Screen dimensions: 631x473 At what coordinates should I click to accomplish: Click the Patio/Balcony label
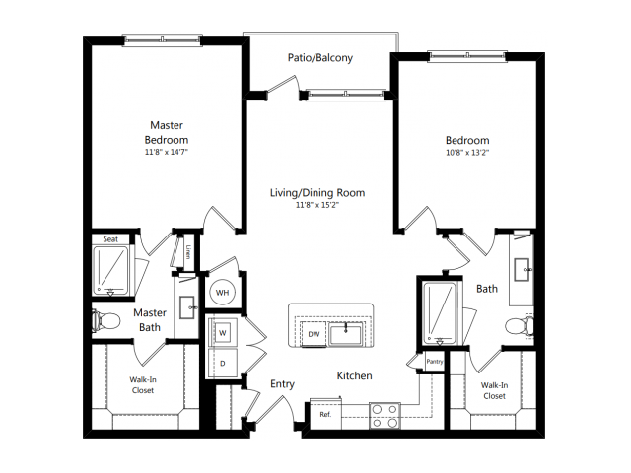click(319, 58)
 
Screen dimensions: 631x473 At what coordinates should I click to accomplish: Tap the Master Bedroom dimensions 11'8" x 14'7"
click(167, 152)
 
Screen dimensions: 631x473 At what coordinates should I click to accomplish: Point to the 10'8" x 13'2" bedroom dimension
click(467, 153)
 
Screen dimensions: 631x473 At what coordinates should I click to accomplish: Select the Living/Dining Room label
click(317, 193)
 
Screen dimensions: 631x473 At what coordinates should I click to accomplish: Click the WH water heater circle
click(223, 293)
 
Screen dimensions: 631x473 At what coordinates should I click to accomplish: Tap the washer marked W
click(223, 333)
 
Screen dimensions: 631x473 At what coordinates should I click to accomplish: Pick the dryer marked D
click(223, 364)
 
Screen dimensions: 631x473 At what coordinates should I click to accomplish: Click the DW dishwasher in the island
click(314, 334)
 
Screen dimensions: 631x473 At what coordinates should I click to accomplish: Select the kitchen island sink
click(345, 334)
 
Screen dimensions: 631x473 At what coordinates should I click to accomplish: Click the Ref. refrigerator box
click(325, 414)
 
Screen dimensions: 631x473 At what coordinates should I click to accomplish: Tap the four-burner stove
click(385, 416)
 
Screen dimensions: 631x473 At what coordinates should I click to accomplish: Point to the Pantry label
click(435, 362)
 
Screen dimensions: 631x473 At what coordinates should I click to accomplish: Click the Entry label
click(282, 384)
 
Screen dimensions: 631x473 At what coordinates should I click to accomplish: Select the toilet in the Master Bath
click(106, 321)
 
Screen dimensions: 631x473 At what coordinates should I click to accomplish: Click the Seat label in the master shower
click(110, 239)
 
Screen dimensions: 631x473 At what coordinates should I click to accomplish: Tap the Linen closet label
click(188, 252)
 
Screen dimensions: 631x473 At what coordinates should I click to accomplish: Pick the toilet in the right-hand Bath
click(520, 325)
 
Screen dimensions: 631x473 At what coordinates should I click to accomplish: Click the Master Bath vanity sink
click(187, 307)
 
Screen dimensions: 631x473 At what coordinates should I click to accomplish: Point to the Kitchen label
click(354, 375)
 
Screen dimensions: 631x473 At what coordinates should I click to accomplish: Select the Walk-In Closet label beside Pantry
click(494, 390)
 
